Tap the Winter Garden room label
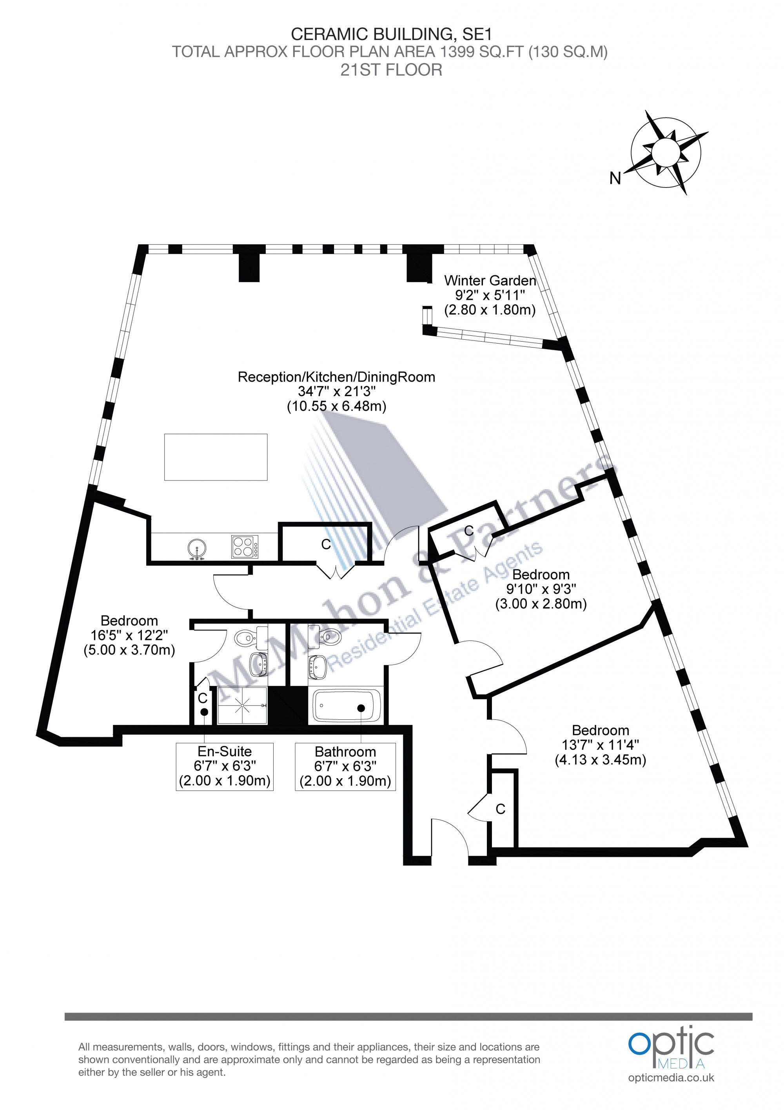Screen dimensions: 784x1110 point(490,280)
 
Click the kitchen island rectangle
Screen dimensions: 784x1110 point(216,457)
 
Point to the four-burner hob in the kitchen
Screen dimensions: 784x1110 point(245,546)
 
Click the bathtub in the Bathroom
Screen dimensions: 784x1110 point(347,706)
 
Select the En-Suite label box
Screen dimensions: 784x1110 point(225,767)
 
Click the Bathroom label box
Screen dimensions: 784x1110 point(345,767)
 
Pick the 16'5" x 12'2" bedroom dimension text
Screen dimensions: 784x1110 point(129,635)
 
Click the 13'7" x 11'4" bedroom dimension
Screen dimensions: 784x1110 point(601,745)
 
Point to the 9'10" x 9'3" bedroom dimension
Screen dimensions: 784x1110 point(541,589)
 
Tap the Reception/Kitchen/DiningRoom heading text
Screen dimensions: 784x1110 point(336,377)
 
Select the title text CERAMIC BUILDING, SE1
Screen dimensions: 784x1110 point(391,35)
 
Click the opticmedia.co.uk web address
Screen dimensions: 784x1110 point(671,1077)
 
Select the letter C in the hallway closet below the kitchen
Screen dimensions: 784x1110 point(326,544)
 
